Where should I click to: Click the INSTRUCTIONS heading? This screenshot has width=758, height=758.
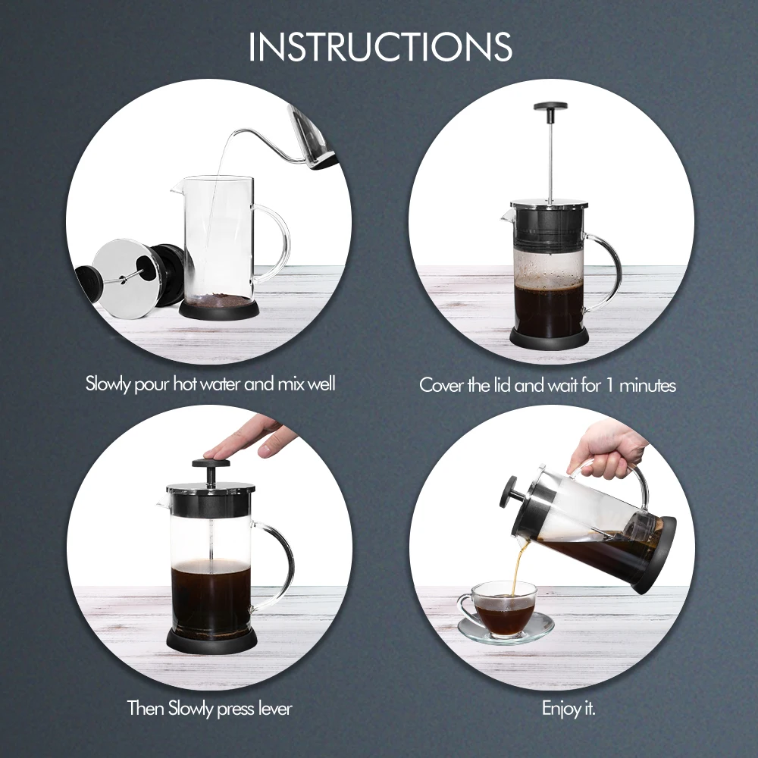(380, 47)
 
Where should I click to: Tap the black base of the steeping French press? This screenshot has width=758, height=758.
(550, 338)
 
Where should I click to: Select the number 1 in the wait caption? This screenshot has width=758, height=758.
(610, 386)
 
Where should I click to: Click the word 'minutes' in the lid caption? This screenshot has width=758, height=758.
(648, 386)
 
